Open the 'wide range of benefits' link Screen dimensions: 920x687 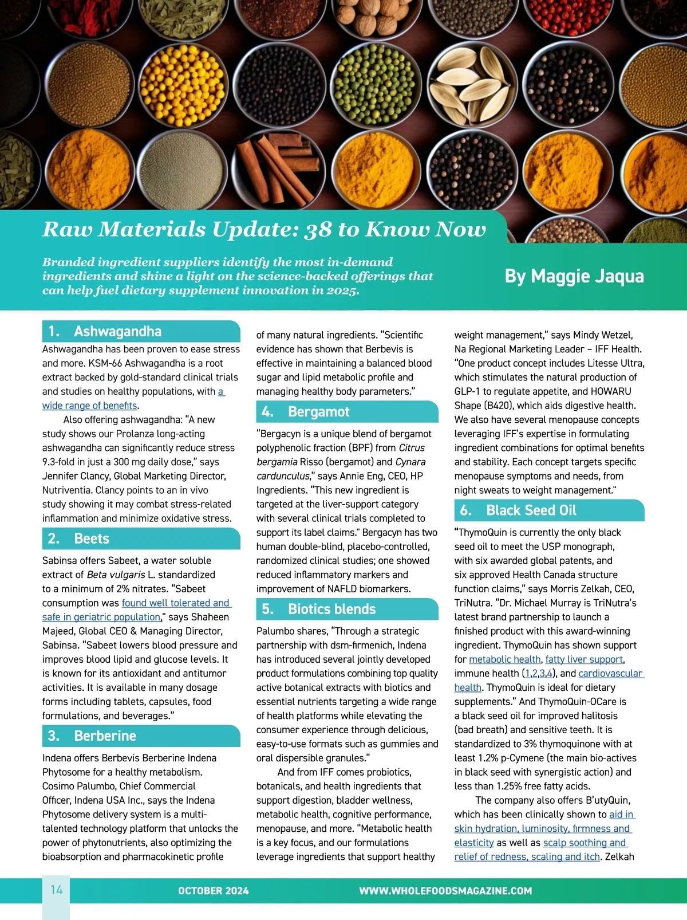[x=90, y=406]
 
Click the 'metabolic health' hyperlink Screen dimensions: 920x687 [x=504, y=659]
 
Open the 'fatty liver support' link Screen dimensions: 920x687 [x=584, y=659]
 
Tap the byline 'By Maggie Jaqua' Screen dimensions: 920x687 [x=574, y=276]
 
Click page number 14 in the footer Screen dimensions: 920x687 [x=56, y=890]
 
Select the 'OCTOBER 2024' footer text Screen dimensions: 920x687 [x=213, y=891]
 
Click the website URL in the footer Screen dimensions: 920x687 [x=445, y=891]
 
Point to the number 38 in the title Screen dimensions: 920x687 [x=318, y=229]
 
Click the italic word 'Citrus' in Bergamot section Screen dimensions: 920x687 [x=411, y=448]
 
